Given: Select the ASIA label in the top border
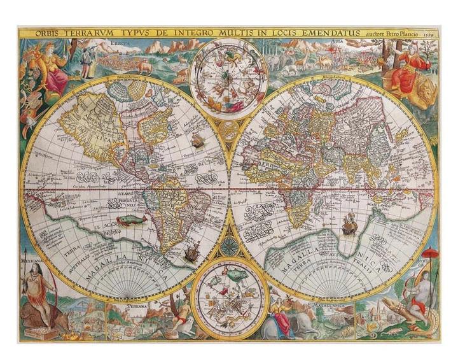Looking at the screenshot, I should pyautogui.click(x=337, y=44).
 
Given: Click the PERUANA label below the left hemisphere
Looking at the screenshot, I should pyautogui.click(x=139, y=306).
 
